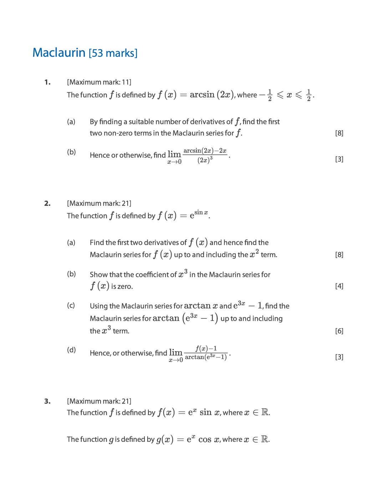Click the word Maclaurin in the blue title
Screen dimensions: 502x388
(x=59, y=53)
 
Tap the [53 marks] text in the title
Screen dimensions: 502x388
(x=113, y=53)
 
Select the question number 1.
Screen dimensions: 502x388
(x=47, y=82)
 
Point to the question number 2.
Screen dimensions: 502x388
(x=47, y=204)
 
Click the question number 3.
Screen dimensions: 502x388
(x=47, y=401)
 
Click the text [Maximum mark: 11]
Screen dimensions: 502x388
(x=99, y=82)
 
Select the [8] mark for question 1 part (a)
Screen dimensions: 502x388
(x=339, y=133)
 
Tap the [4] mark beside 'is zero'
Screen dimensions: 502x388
(x=339, y=286)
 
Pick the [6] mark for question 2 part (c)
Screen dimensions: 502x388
(x=339, y=331)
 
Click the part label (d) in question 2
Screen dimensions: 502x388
(x=71, y=350)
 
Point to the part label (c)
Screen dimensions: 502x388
(x=71, y=306)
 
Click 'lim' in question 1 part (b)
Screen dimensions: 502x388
(x=174, y=154)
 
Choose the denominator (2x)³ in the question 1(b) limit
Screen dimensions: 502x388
(x=205, y=160)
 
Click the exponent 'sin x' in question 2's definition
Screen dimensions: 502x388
(x=201, y=212)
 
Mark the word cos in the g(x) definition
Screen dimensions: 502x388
(x=205, y=439)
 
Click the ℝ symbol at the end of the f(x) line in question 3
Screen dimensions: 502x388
(x=265, y=413)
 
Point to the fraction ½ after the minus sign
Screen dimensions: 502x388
(x=270, y=95)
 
